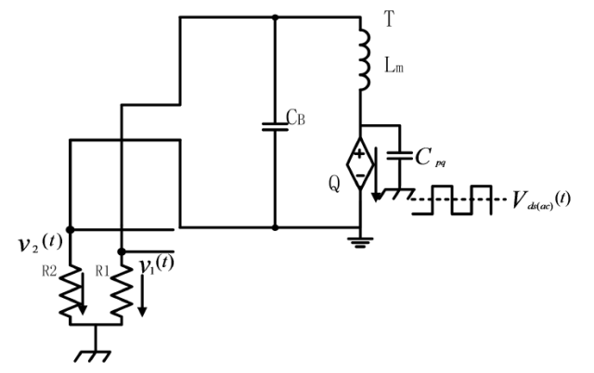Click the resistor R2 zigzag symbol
point(71,296)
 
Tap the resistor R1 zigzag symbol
point(123,296)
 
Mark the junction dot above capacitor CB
point(275,17)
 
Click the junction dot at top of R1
point(123,250)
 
